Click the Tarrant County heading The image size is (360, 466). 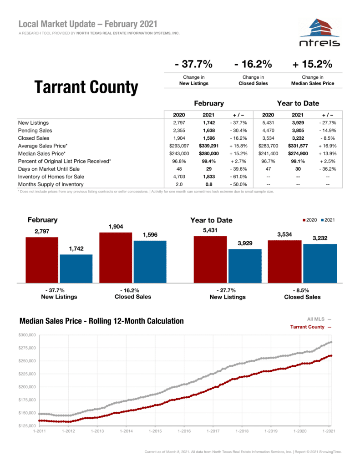pyautogui.click(x=86, y=87)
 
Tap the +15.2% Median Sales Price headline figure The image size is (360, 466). pyautogui.click(x=313, y=64)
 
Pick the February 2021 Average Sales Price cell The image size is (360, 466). pyautogui.click(x=208, y=146)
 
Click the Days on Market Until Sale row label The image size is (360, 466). pyautogui.click(x=49, y=169)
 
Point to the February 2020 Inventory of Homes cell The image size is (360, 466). pyautogui.click(x=178, y=177)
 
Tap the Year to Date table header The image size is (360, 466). pyautogui.click(x=298, y=103)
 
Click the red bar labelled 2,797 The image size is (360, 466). pyautogui.click(x=42, y=260)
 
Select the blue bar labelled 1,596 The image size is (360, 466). pyautogui.click(x=150, y=261)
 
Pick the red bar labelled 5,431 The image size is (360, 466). pyautogui.click(x=210, y=259)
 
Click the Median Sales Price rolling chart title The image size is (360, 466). pyautogui.click(x=101, y=321)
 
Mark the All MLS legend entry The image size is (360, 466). pyautogui.click(x=316, y=319)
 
